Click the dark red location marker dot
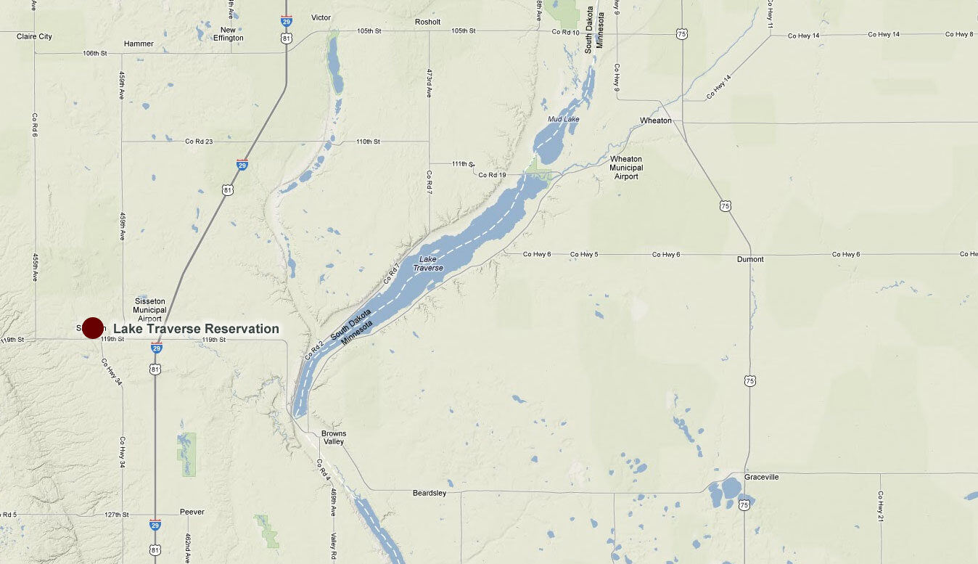click(93, 328)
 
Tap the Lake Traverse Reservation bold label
click(196, 329)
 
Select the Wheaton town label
click(655, 120)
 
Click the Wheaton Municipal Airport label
click(625, 168)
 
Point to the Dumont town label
click(749, 259)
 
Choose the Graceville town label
click(761, 477)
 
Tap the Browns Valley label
click(334, 438)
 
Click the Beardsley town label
click(430, 493)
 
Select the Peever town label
click(192, 512)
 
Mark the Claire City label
click(34, 36)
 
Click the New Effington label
click(228, 34)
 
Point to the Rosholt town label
click(427, 22)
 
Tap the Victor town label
click(321, 17)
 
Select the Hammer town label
click(139, 44)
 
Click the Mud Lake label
click(562, 118)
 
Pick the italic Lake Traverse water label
click(427, 263)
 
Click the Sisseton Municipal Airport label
click(149, 310)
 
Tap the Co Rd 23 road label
click(199, 142)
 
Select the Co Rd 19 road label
click(492, 175)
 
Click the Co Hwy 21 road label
click(880, 505)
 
